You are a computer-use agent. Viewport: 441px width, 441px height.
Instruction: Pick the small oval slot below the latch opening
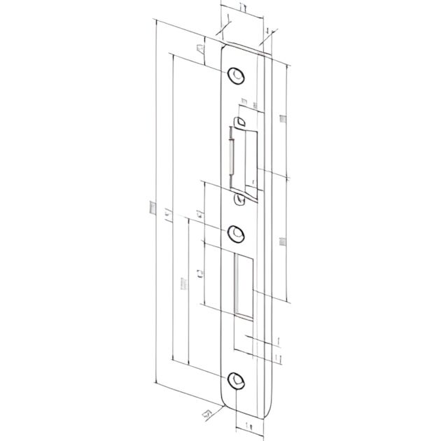241,199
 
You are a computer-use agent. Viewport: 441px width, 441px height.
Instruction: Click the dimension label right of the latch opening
282,119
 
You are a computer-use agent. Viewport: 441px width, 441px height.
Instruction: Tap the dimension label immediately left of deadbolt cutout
202,274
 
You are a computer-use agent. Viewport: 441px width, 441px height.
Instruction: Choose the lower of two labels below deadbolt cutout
278,358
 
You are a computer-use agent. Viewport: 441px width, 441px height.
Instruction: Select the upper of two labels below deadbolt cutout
278,341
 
